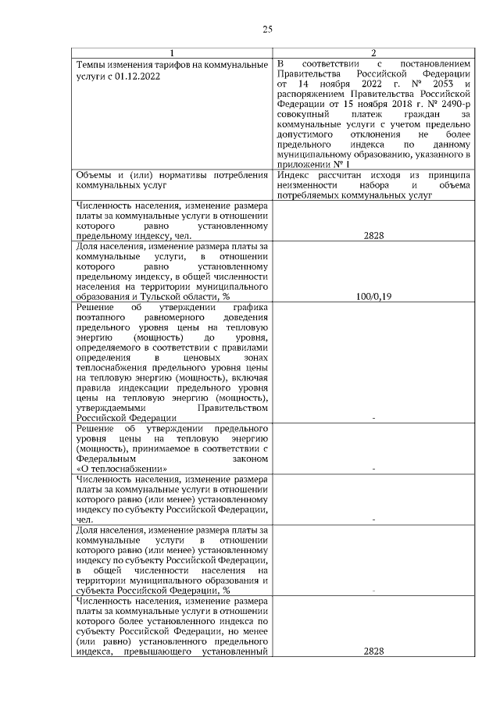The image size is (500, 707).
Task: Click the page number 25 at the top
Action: [x=266, y=30]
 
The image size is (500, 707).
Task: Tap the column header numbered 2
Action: [x=373, y=53]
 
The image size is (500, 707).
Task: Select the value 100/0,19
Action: [x=373, y=318]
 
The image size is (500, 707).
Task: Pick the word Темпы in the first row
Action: [x=89, y=63]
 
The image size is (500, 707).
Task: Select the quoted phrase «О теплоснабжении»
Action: [x=122, y=469]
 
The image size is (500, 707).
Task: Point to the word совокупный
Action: [x=304, y=114]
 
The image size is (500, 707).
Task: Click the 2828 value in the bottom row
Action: [x=373, y=652]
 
